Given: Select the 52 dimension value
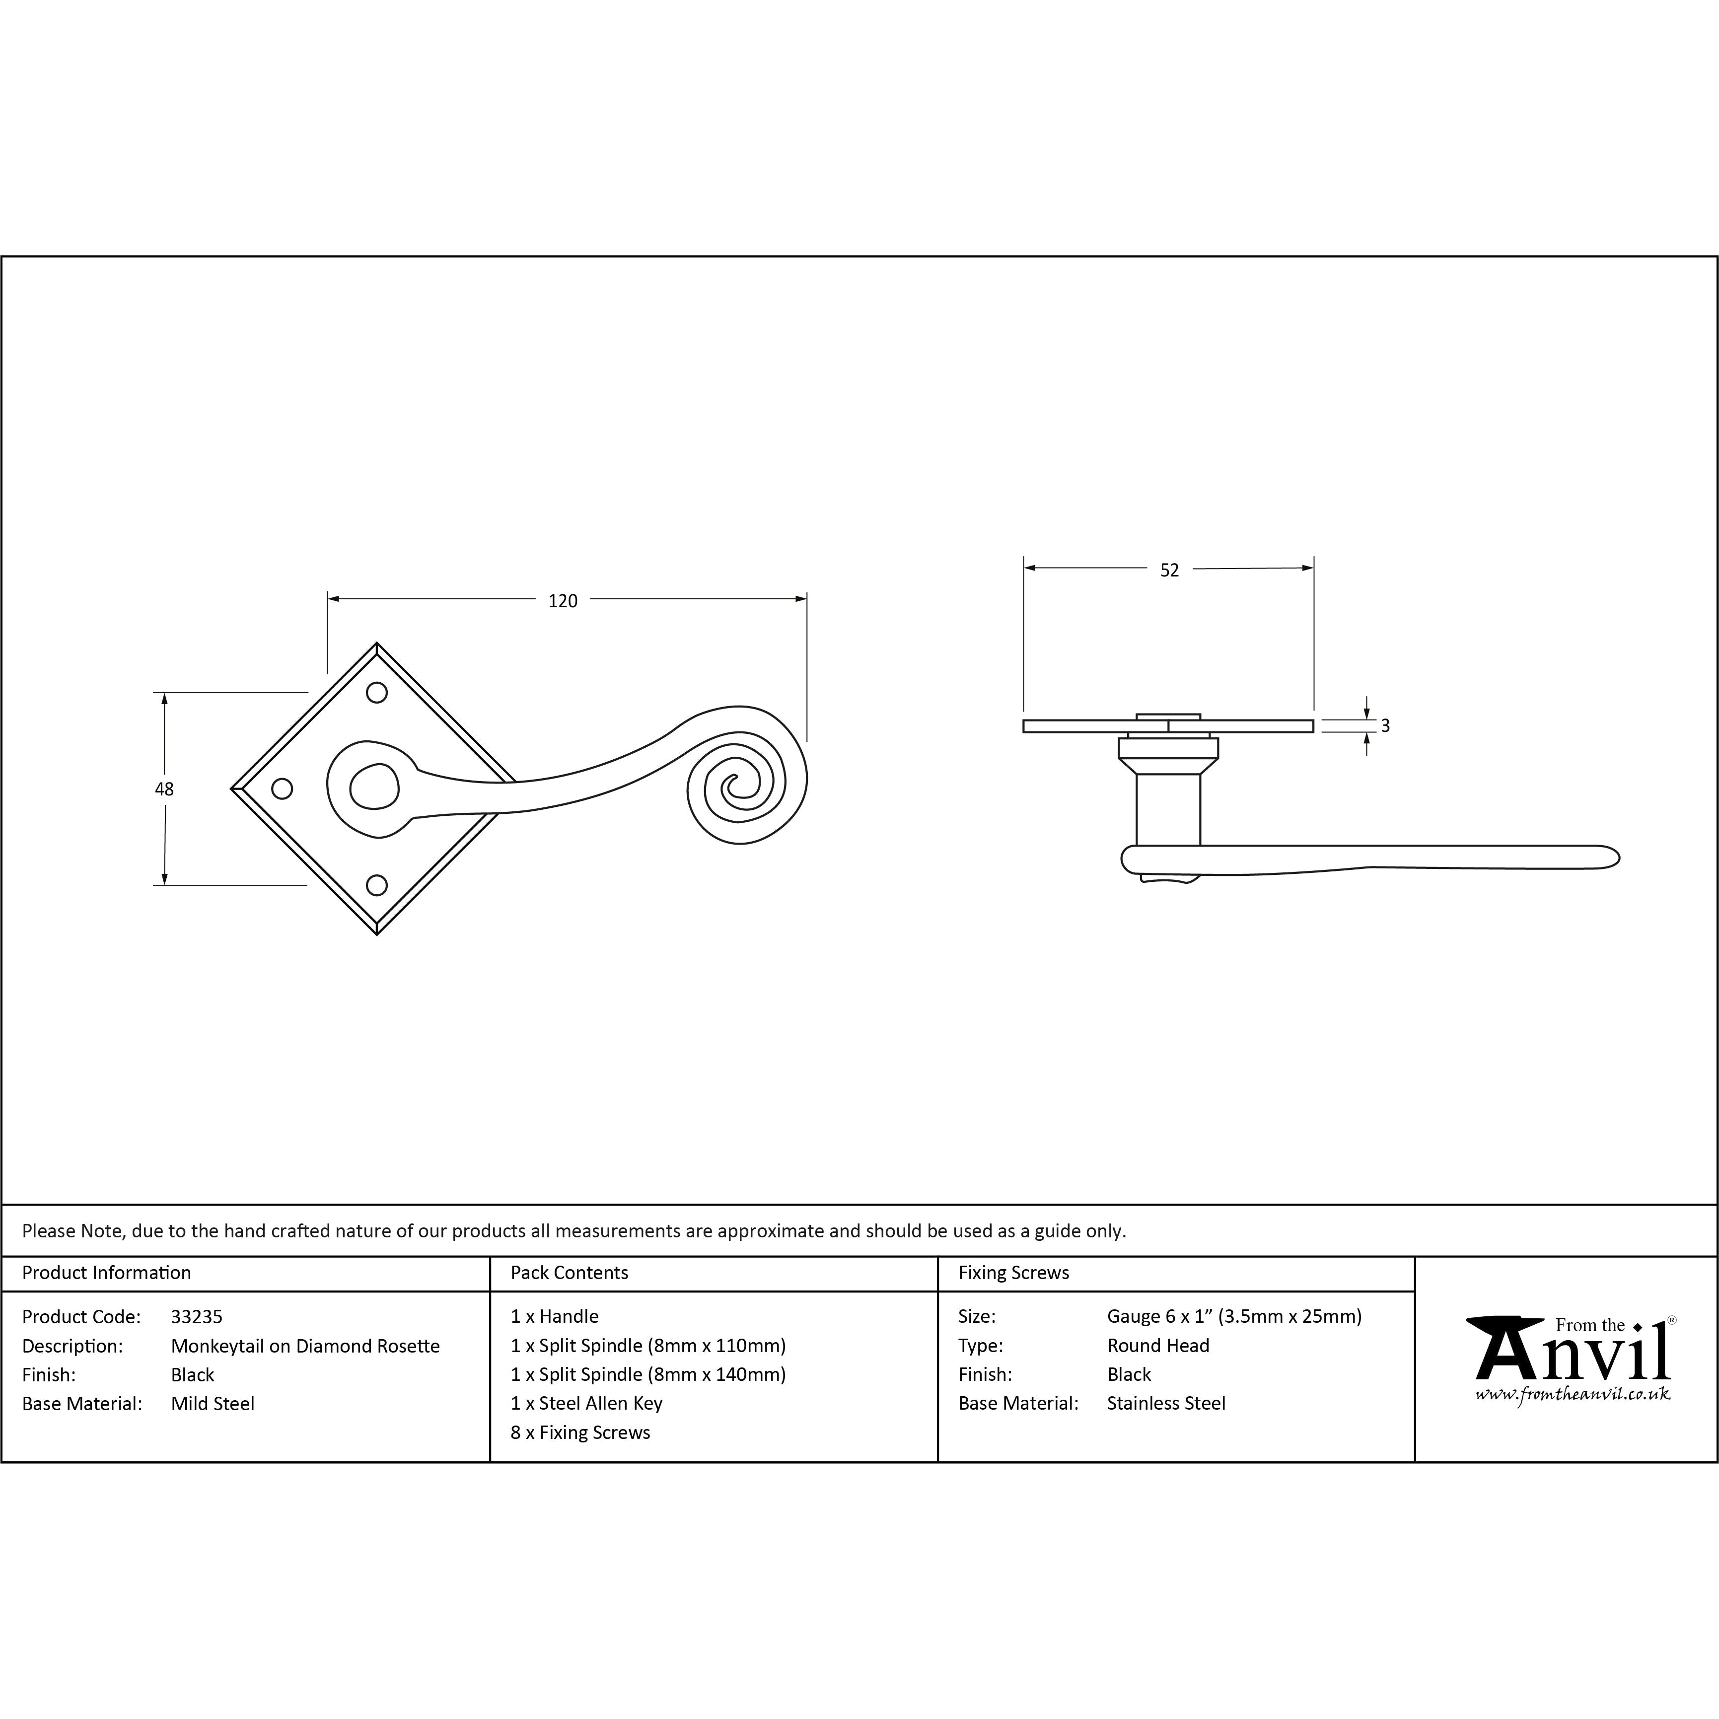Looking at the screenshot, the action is (x=1169, y=571).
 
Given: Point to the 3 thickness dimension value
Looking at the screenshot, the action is (x=1385, y=726).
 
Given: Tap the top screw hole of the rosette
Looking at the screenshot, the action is (x=377, y=692).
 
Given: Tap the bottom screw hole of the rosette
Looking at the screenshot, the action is (x=377, y=885).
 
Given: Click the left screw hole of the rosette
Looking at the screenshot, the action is (x=281, y=788).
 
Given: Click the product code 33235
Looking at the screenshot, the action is (x=197, y=1317).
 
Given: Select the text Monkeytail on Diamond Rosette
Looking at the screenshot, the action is (x=305, y=1346).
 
